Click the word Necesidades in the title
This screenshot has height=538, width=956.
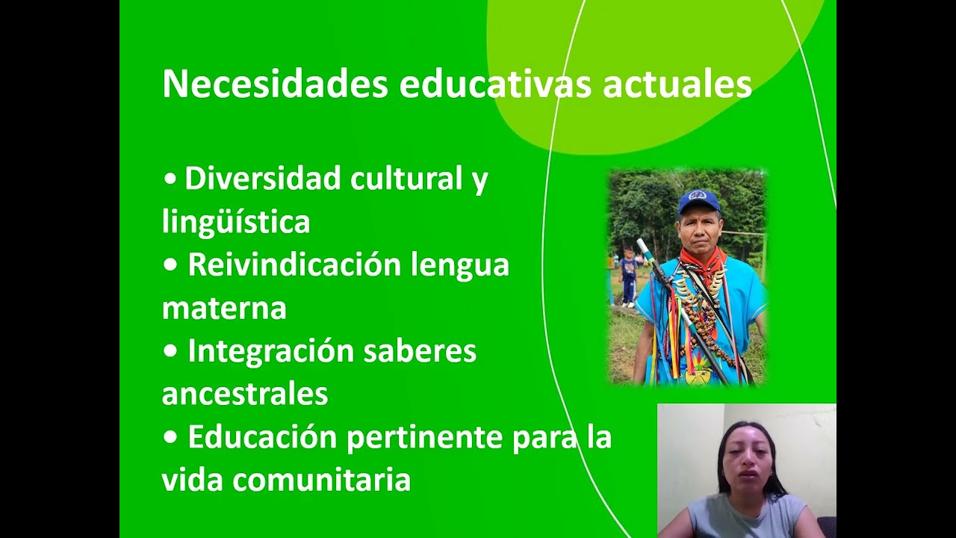(x=275, y=84)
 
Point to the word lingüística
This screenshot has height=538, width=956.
(x=235, y=222)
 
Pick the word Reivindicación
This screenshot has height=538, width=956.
(x=295, y=265)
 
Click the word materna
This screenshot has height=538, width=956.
(x=224, y=308)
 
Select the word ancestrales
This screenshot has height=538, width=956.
(x=245, y=394)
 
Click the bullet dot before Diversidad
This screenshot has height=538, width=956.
(x=171, y=180)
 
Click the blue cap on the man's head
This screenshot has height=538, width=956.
(x=698, y=200)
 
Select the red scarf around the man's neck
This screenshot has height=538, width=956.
(x=702, y=261)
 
